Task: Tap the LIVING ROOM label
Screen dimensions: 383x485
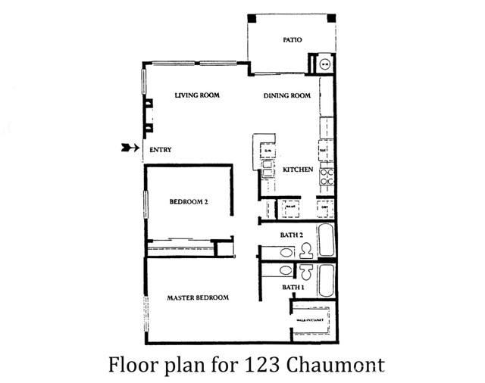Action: click(x=197, y=95)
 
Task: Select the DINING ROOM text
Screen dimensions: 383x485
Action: click(x=288, y=95)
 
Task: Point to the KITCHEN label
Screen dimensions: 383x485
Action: click(x=297, y=170)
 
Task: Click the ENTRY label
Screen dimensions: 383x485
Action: click(x=160, y=150)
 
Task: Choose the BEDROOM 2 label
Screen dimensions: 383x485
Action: click(x=189, y=201)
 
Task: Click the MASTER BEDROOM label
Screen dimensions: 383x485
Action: click(x=198, y=297)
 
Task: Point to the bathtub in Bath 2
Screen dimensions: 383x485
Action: click(x=326, y=241)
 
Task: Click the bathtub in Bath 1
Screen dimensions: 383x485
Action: click(x=326, y=280)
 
